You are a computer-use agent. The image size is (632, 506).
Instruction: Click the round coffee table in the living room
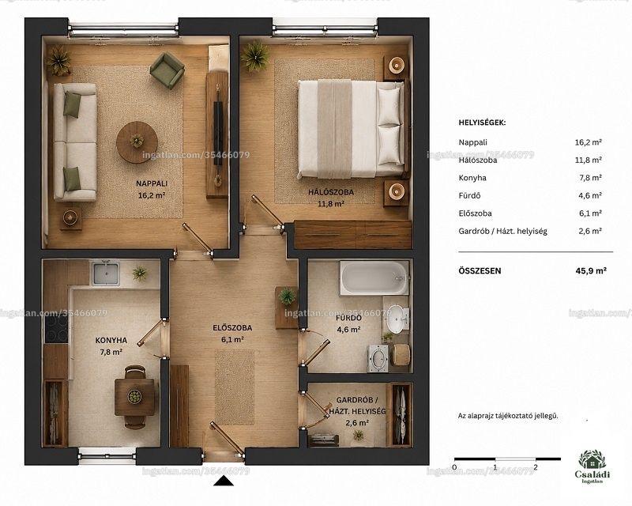tap(137, 142)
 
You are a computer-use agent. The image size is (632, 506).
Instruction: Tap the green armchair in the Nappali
tap(167, 70)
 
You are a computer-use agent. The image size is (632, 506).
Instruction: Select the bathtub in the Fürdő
tap(374, 278)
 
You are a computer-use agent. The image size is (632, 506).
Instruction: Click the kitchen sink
tap(106, 274)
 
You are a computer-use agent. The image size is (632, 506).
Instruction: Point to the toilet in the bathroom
tap(378, 358)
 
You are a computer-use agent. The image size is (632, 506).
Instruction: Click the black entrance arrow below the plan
tap(224, 481)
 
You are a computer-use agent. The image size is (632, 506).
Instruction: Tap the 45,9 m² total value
tap(591, 270)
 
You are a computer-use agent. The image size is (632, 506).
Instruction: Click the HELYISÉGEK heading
tap(482, 123)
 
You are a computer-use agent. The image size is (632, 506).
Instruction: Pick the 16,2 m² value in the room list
tap(588, 142)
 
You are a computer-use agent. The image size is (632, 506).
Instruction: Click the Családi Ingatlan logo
tap(592, 466)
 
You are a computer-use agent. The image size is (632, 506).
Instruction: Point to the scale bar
tap(507, 459)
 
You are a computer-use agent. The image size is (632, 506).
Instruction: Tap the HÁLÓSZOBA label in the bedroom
tap(331, 192)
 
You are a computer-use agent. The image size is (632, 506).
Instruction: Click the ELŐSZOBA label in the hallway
tap(232, 328)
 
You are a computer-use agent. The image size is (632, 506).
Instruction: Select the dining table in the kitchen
tap(134, 397)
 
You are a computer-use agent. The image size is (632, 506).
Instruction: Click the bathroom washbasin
tap(396, 318)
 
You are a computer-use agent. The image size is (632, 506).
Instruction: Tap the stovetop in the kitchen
tap(56, 329)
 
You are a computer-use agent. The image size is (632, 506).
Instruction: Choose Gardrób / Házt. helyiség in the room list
tap(502, 232)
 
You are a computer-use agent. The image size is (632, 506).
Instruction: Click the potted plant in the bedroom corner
tap(255, 55)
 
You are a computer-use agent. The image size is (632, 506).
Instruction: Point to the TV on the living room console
tap(218, 133)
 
